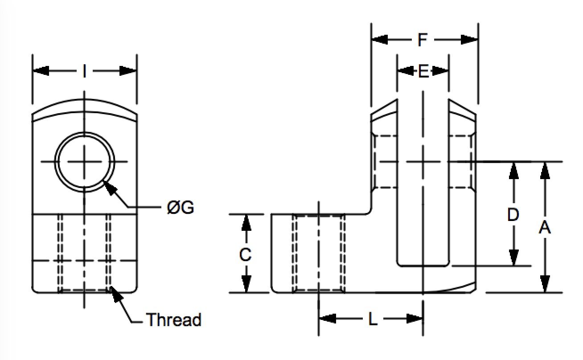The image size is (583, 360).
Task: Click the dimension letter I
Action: (x=84, y=71)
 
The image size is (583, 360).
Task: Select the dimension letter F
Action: (x=423, y=40)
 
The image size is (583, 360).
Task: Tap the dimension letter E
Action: (x=423, y=71)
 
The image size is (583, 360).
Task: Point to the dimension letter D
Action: (x=513, y=215)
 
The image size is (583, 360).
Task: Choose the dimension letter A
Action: (x=545, y=227)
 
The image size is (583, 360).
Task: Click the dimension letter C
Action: (x=246, y=254)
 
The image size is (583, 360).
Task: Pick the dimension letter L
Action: (x=373, y=319)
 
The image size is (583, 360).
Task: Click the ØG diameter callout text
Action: (x=181, y=208)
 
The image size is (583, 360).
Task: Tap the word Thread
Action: (x=174, y=319)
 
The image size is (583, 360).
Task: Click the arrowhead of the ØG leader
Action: (x=109, y=188)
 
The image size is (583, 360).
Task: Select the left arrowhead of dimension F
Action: (x=380, y=40)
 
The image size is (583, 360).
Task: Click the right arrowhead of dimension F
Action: (x=469, y=40)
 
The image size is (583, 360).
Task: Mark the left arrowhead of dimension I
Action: (x=41, y=71)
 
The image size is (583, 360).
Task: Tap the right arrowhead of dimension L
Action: (x=415, y=319)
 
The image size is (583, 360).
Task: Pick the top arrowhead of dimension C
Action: (x=246, y=223)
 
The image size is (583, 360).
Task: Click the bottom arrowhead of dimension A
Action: (x=545, y=284)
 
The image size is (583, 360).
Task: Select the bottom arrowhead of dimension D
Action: (x=513, y=258)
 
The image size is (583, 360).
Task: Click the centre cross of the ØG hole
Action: (x=84, y=162)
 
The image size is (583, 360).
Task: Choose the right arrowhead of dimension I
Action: (x=128, y=71)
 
